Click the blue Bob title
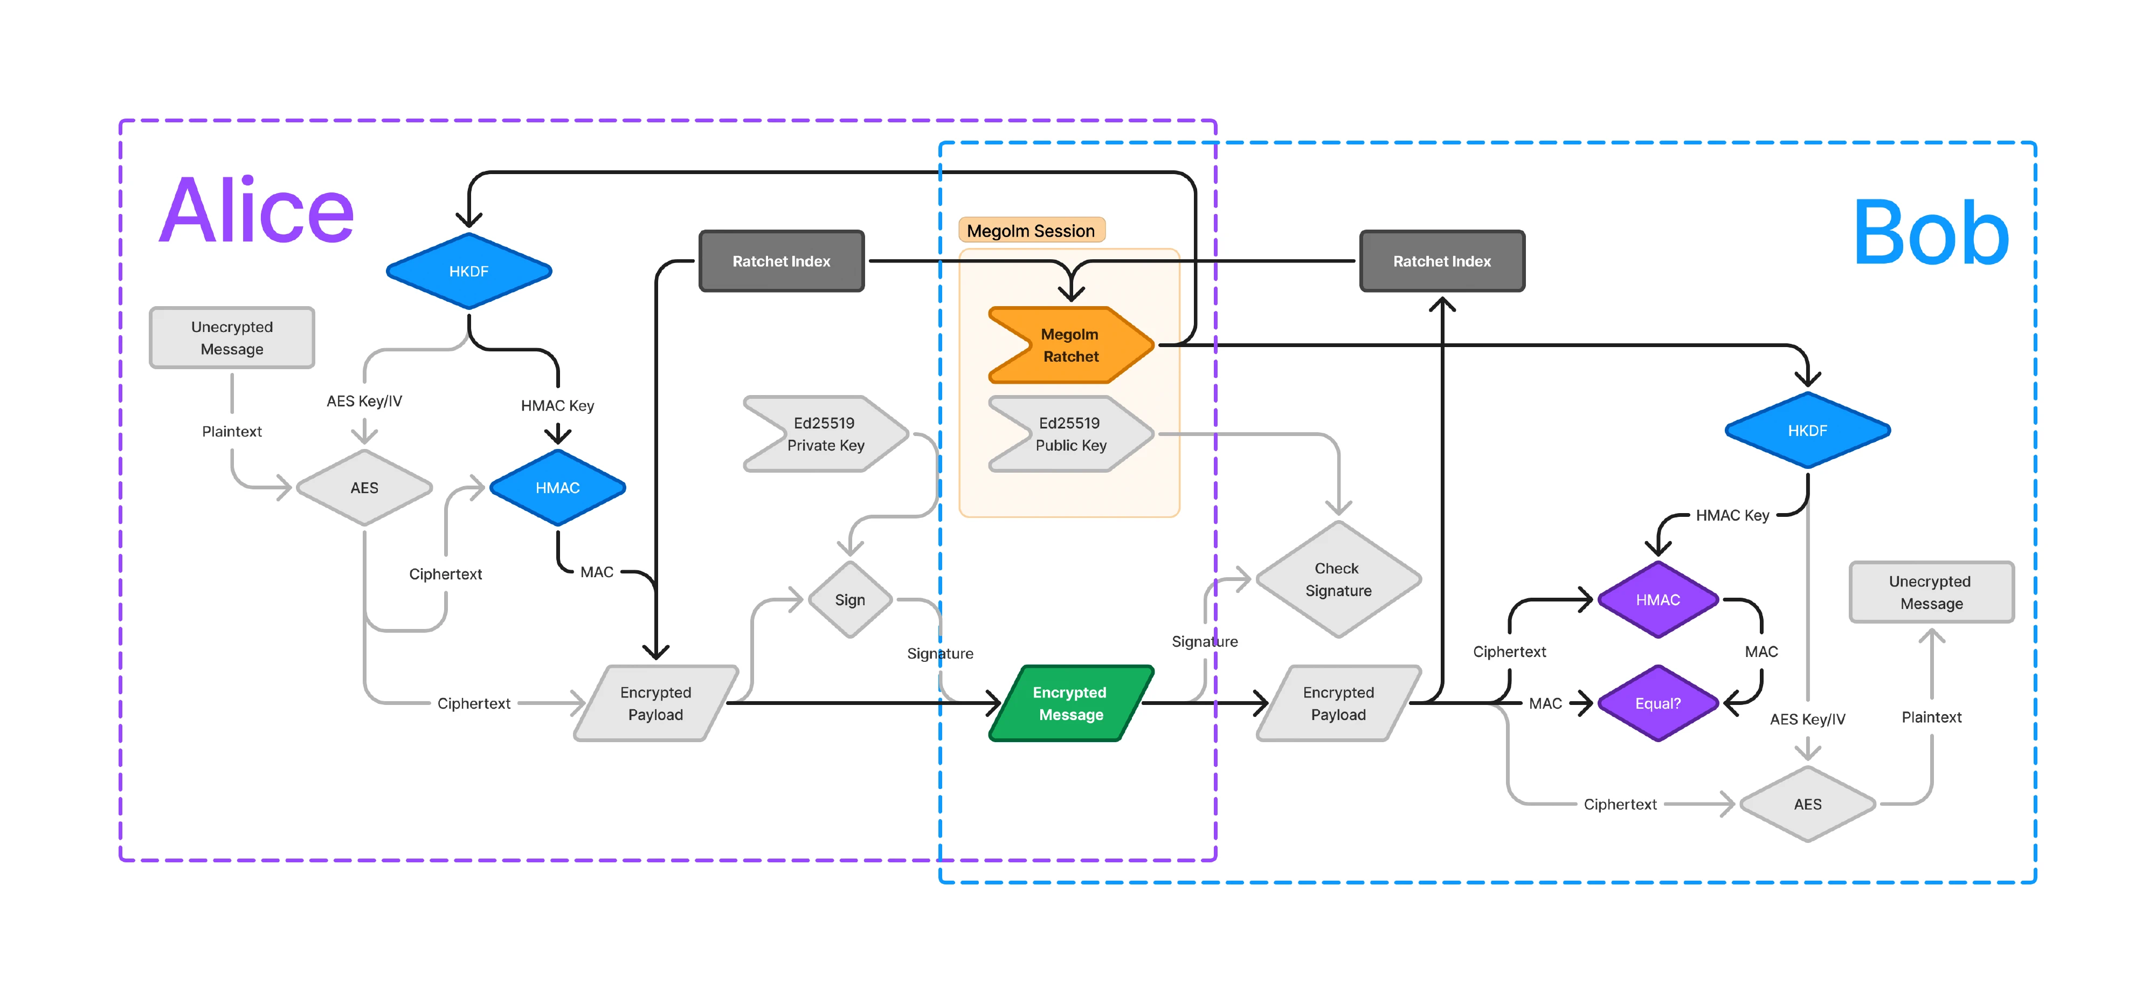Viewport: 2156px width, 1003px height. (x=1930, y=233)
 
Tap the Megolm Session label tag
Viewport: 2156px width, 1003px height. (x=1031, y=230)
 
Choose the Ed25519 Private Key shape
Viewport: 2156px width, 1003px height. (x=825, y=434)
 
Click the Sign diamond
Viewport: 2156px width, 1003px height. (x=849, y=599)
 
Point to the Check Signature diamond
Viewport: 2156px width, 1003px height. (x=1337, y=579)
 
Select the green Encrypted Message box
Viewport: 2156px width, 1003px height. (x=1070, y=703)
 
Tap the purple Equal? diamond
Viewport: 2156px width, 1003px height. (x=1657, y=703)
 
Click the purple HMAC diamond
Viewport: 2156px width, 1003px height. (x=1657, y=599)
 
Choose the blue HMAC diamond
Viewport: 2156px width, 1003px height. (x=557, y=487)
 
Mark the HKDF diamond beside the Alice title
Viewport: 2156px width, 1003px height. (x=469, y=271)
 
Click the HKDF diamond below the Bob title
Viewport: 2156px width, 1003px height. (x=1807, y=430)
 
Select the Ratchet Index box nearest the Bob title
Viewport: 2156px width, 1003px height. (x=1441, y=261)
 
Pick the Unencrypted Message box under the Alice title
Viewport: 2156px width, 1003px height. (x=232, y=337)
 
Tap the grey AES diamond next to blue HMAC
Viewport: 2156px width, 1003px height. (x=364, y=487)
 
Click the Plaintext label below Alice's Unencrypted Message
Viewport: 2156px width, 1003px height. (x=232, y=431)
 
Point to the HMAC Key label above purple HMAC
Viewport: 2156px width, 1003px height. (x=1732, y=515)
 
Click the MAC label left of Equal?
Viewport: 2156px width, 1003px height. (x=1545, y=703)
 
